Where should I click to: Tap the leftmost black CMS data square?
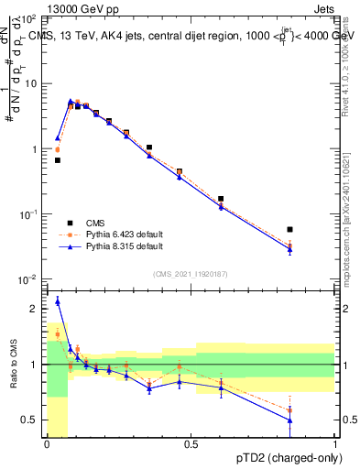click(x=57, y=160)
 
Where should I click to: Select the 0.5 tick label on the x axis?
click(x=191, y=444)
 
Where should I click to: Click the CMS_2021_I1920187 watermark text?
click(x=190, y=273)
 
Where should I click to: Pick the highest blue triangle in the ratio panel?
click(x=58, y=300)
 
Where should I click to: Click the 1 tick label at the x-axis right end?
click(x=335, y=444)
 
